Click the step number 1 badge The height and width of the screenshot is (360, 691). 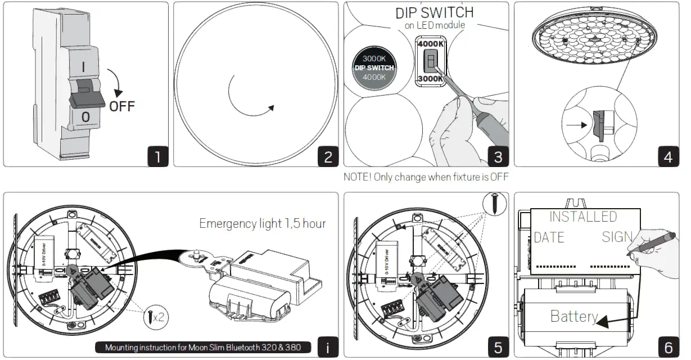(158, 156)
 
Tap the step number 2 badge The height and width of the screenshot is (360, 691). (328, 156)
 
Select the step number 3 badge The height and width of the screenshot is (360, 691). (498, 156)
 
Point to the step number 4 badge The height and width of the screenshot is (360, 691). (668, 156)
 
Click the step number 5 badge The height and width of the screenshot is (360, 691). (498, 346)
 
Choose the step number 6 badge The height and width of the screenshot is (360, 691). (668, 346)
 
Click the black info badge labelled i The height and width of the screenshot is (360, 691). (328, 346)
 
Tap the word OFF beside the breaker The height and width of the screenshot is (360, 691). (122, 106)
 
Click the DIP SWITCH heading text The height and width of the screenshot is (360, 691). (435, 12)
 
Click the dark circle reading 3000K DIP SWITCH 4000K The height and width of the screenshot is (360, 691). (374, 68)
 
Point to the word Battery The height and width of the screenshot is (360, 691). (573, 316)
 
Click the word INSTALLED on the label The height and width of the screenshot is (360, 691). (582, 217)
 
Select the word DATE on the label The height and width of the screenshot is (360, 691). (549, 237)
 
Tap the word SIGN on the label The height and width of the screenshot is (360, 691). (617, 237)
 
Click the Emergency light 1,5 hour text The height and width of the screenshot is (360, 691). (262, 223)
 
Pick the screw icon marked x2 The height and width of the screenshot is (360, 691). (154, 317)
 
